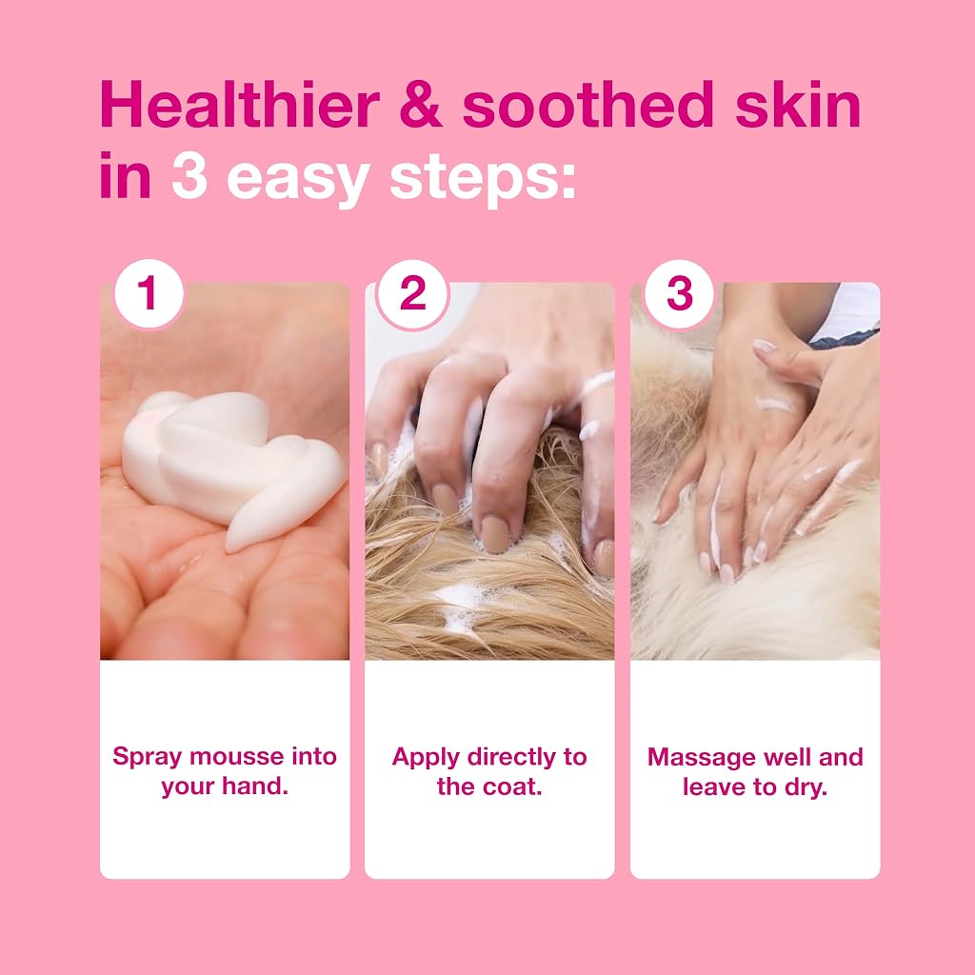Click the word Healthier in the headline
click(240, 104)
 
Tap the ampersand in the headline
click(420, 105)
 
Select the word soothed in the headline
click(587, 104)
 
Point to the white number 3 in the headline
click(189, 176)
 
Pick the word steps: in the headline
click(483, 181)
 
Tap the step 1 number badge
click(149, 293)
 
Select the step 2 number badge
click(413, 293)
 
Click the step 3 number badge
click(678, 293)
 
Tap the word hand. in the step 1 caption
click(255, 786)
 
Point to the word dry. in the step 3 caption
click(806, 787)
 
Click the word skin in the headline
click(798, 104)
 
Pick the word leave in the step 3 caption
click(714, 787)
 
